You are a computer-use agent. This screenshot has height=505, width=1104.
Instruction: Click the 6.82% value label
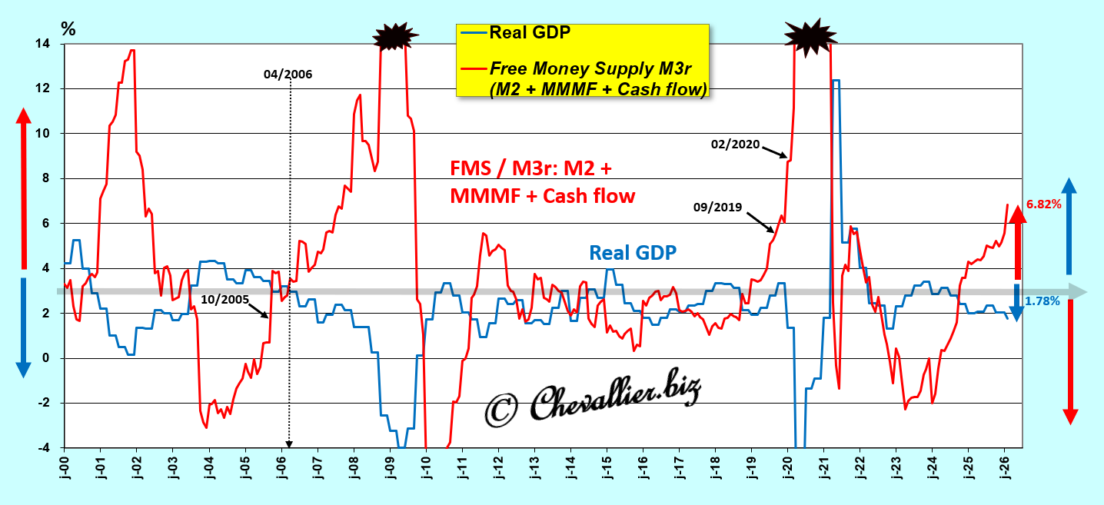coord(1043,204)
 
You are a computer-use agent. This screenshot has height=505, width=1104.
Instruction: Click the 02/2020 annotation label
coord(737,143)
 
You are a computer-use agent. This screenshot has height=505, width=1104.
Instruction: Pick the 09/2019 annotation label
coord(717,207)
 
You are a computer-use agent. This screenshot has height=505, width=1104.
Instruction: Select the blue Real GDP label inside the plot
coord(633,252)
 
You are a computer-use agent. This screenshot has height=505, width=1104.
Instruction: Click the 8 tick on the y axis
coord(47,179)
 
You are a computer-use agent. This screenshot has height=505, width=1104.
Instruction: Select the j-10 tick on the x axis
coord(426,470)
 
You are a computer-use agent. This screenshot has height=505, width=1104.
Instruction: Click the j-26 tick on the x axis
coord(1005,470)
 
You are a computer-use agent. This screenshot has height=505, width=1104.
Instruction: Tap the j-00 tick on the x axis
coord(65,470)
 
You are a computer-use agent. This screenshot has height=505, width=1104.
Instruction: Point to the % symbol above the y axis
coord(68,29)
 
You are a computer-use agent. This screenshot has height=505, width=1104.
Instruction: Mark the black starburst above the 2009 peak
coord(395,35)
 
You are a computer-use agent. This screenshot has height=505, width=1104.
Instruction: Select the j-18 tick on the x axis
coord(715,470)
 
